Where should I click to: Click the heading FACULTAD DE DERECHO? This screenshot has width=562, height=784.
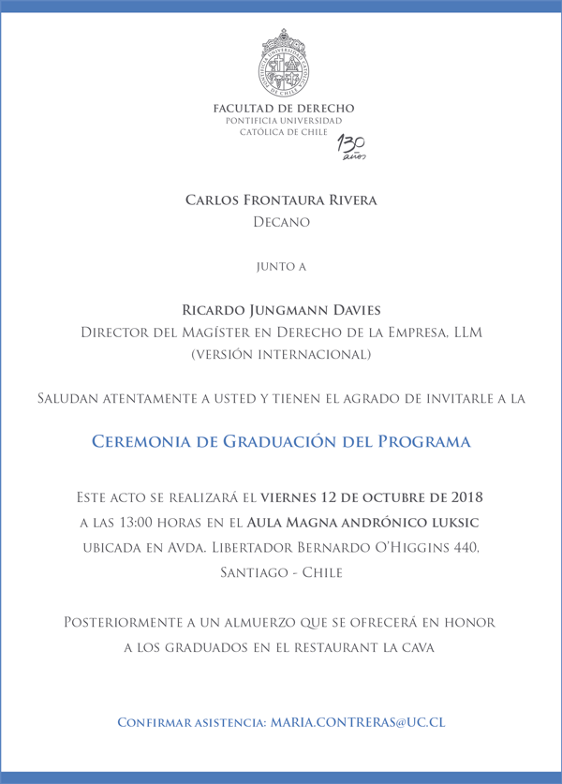pyautogui.click(x=284, y=110)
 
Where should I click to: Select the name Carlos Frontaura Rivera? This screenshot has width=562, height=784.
pyautogui.click(x=281, y=200)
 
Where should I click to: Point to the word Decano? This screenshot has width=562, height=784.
pyautogui.click(x=281, y=223)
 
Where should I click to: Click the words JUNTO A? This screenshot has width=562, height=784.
pyautogui.click(x=281, y=267)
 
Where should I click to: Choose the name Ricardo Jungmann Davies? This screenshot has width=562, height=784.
pyautogui.click(x=281, y=310)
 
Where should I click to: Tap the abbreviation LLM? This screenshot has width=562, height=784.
pyautogui.click(x=465, y=333)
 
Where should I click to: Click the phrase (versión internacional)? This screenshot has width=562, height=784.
pyautogui.click(x=281, y=355)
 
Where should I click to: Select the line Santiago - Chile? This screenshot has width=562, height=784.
pyautogui.click(x=281, y=571)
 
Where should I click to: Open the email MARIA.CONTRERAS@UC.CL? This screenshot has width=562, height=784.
pyautogui.click(x=357, y=723)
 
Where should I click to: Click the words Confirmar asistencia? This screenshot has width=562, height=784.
pyautogui.click(x=190, y=723)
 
